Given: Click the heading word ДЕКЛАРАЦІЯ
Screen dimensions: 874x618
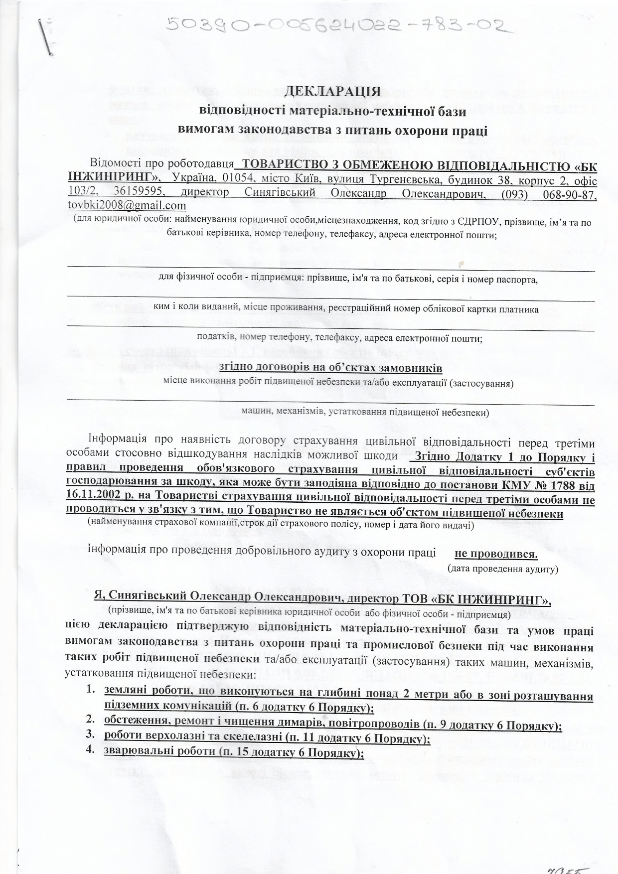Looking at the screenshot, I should click(332, 92).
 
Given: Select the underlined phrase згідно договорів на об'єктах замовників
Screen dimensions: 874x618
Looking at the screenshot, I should click(330, 368).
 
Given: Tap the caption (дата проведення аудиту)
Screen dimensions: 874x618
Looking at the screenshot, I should click(502, 568).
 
